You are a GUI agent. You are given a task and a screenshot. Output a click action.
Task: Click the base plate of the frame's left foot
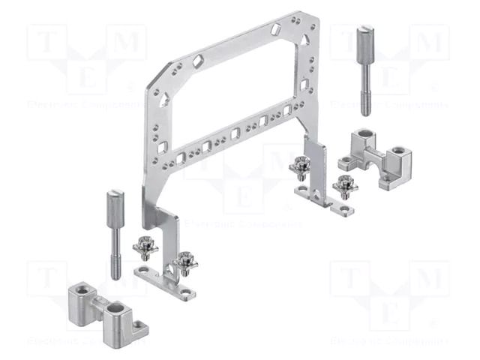[x=165, y=281]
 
